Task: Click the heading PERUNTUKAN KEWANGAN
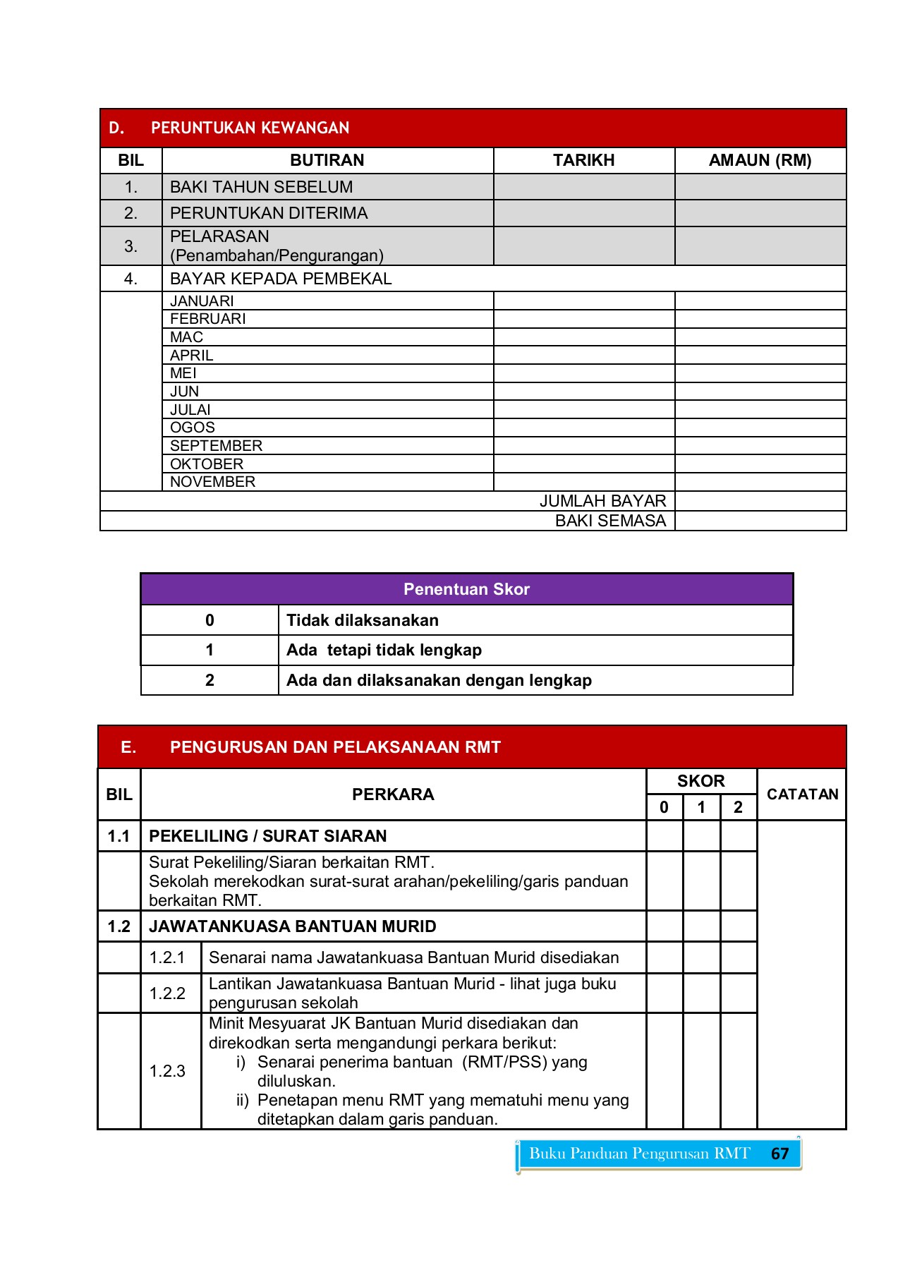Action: [x=250, y=128]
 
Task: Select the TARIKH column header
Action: [x=583, y=160]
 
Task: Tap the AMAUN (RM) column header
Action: [x=760, y=160]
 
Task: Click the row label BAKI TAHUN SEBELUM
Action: [x=261, y=187]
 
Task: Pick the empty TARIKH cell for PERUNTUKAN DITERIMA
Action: [x=583, y=213]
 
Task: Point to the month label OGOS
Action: [x=192, y=428]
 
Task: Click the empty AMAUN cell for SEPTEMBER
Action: [x=760, y=446]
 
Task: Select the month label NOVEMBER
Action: [x=212, y=482]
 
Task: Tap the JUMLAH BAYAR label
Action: [x=602, y=501]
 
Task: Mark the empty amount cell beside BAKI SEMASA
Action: [x=760, y=521]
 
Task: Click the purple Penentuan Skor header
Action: [x=466, y=589]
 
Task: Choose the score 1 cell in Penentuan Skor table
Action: [x=210, y=650]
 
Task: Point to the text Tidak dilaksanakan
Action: [x=363, y=620]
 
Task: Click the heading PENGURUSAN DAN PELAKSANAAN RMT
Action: [x=335, y=747]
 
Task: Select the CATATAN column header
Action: [x=802, y=794]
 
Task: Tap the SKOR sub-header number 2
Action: [x=738, y=807]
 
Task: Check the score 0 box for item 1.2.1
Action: [x=664, y=957]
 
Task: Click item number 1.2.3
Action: [x=167, y=1071]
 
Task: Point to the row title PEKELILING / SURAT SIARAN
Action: [x=267, y=836]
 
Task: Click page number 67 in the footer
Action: [x=779, y=1154]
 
